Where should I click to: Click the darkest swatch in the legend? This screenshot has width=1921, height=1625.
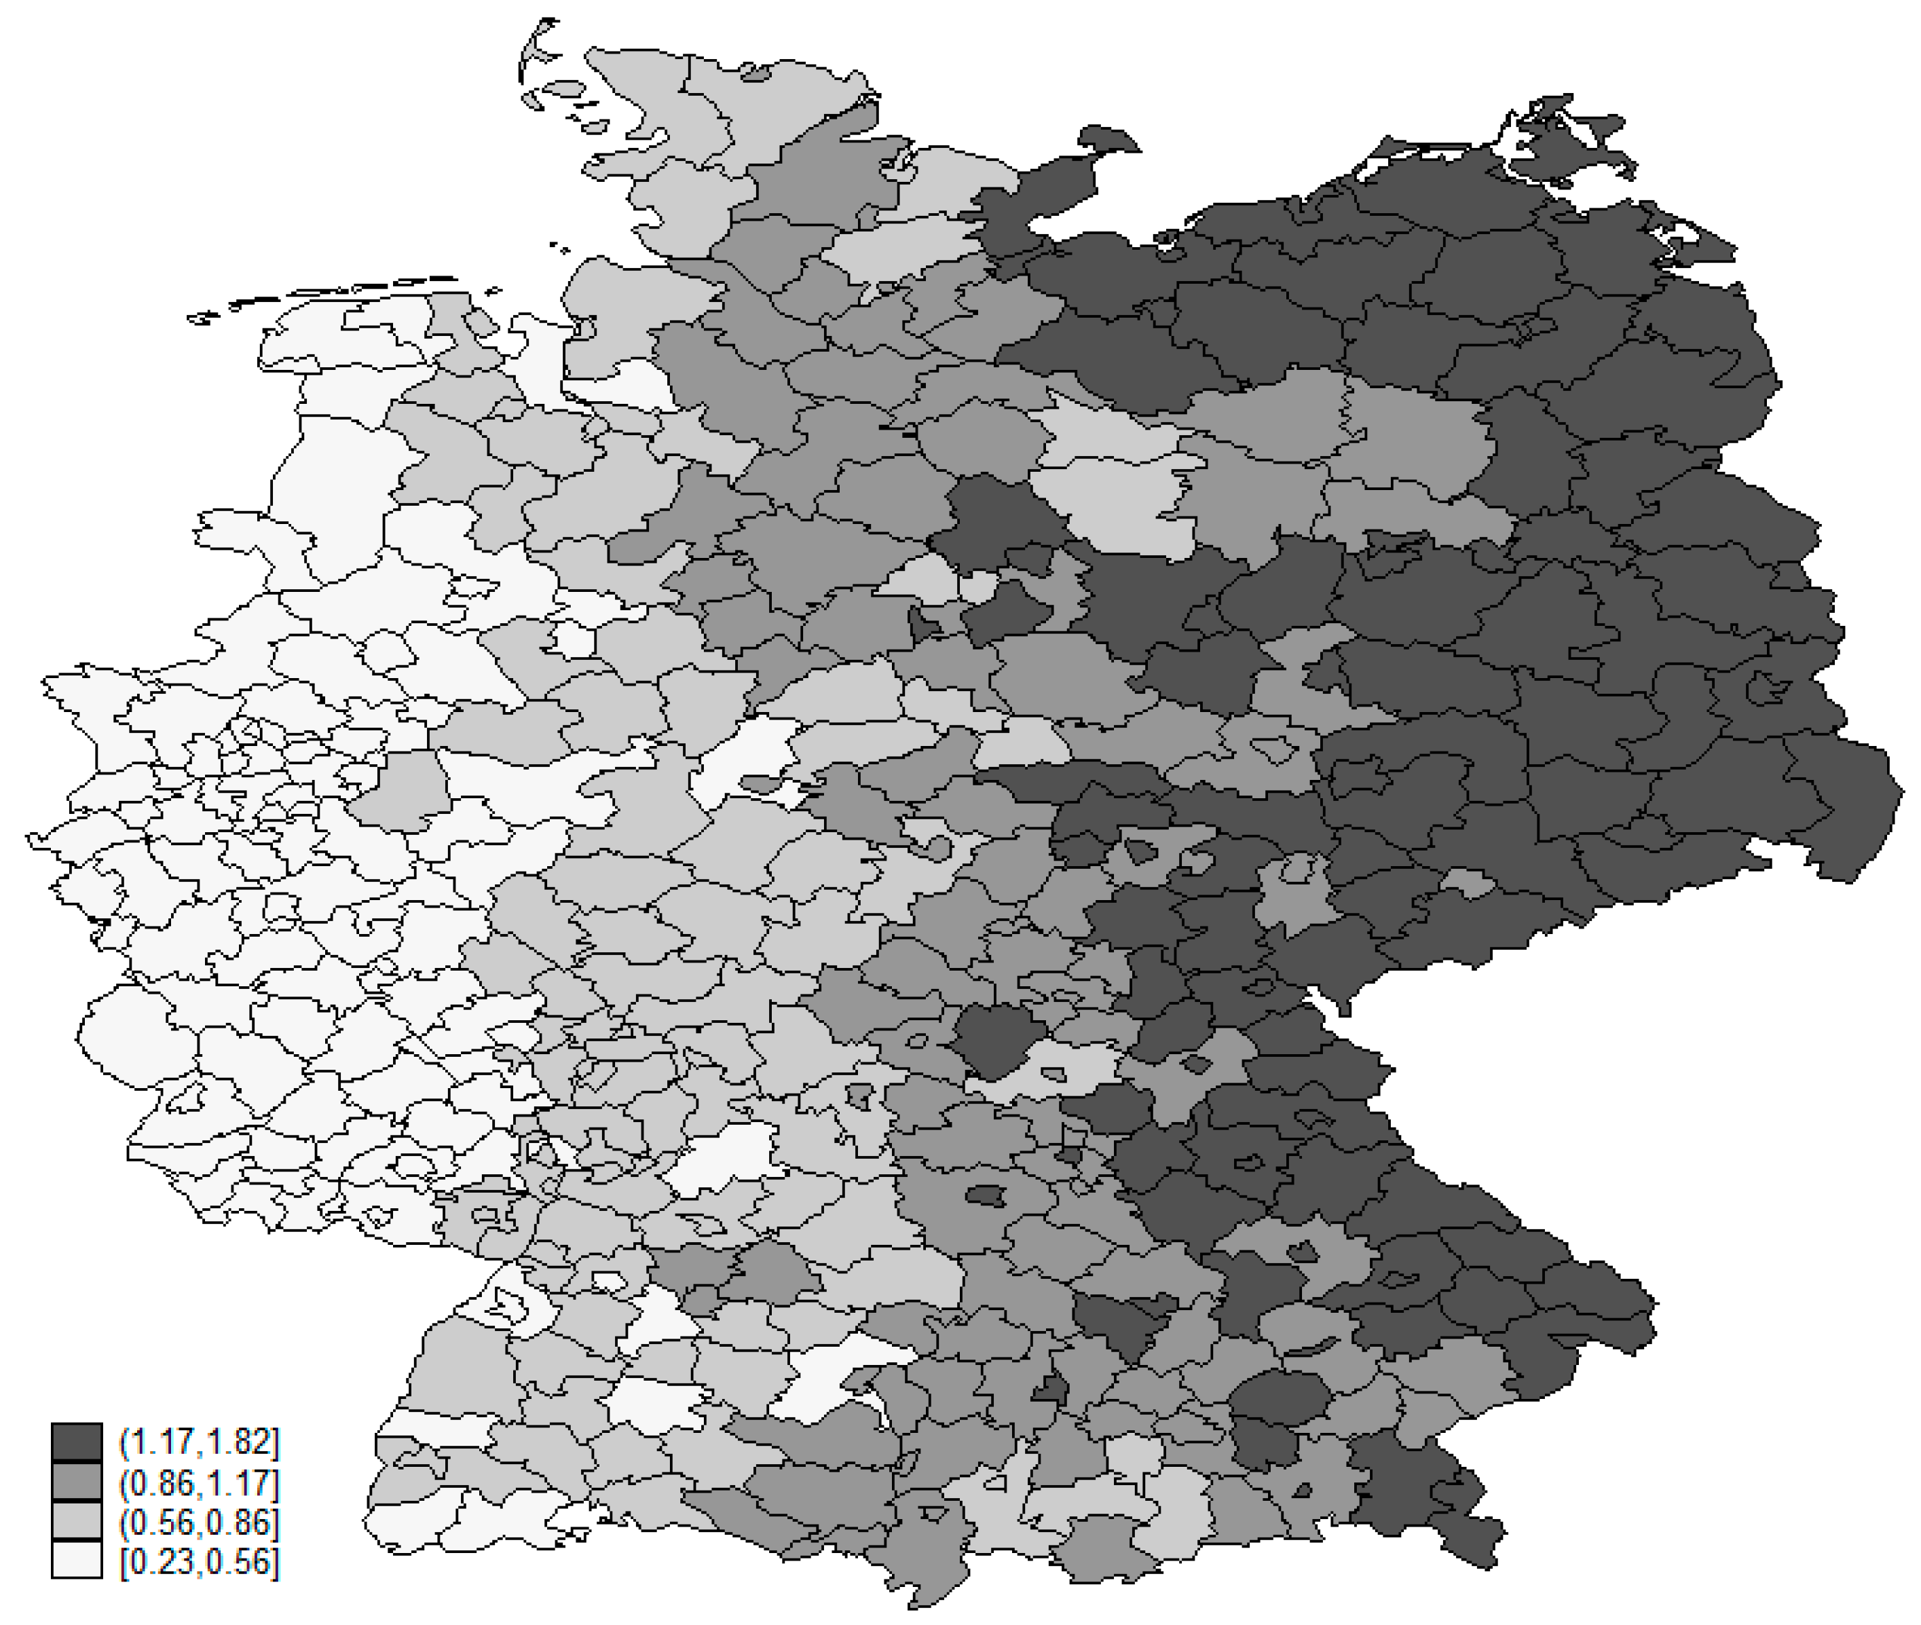(x=77, y=1442)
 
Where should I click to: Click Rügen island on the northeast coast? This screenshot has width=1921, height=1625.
(x=1566, y=138)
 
